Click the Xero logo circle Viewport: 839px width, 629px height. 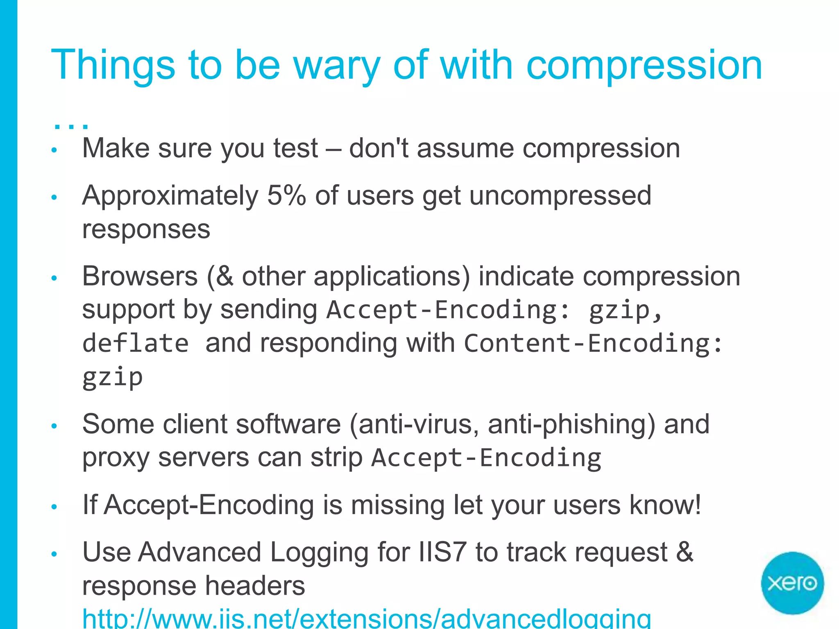(x=792, y=583)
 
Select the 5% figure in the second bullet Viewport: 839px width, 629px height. (x=286, y=195)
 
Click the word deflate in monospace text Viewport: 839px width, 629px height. (x=136, y=343)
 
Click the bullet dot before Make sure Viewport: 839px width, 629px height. (x=54, y=150)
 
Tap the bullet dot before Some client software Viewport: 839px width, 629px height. (x=54, y=426)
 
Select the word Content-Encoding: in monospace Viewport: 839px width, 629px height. (x=593, y=343)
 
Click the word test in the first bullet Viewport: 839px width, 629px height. (x=295, y=148)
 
